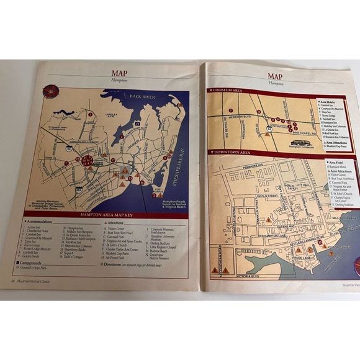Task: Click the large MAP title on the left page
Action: tap(119, 73)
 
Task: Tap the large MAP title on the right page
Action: tap(272, 74)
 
